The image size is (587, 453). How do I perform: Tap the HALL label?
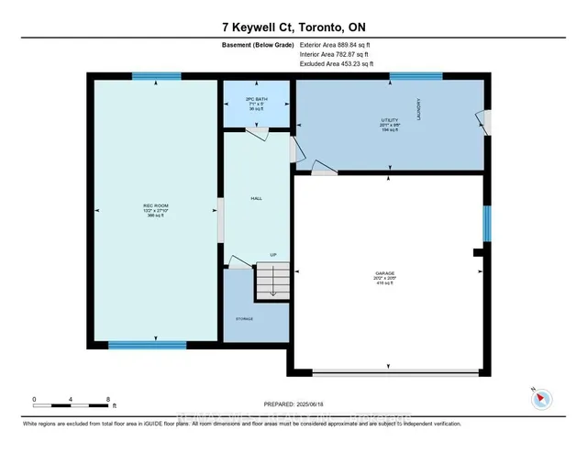coord(257,198)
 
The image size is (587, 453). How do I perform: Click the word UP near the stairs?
coord(272,255)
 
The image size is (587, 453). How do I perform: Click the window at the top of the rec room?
coord(150,76)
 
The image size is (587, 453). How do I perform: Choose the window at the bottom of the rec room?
coord(147,345)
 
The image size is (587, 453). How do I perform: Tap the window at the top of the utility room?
coord(416,76)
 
